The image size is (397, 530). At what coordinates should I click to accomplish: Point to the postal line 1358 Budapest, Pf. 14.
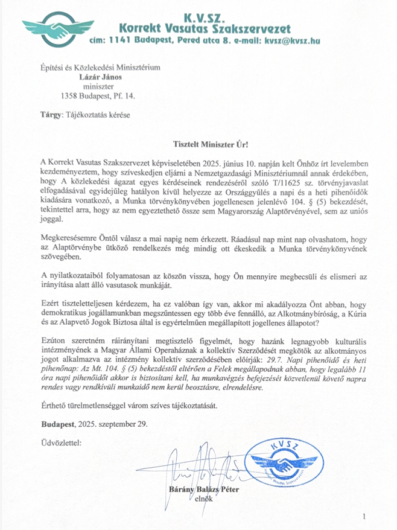[98, 95]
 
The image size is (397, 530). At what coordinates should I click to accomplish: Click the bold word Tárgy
[50, 114]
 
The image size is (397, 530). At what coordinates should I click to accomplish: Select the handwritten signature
[194, 469]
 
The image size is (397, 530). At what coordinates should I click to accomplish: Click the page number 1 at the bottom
[364, 516]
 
